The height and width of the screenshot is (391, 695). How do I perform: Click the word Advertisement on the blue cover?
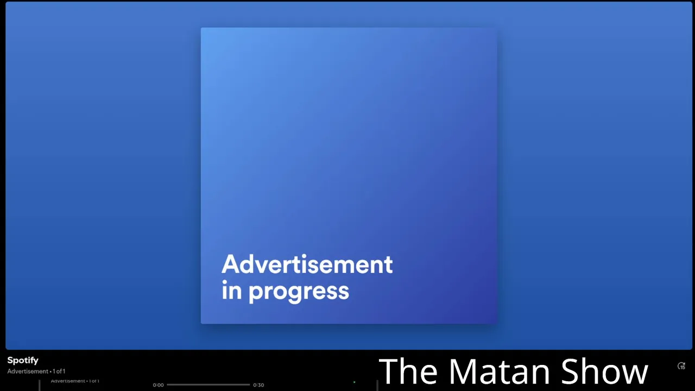click(x=307, y=264)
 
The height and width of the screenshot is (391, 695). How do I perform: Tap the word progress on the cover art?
click(x=299, y=292)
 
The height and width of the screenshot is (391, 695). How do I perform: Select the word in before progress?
click(x=231, y=290)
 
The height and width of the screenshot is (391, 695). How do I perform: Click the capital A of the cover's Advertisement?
click(x=231, y=264)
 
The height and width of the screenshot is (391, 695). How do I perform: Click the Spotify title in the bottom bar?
click(x=23, y=361)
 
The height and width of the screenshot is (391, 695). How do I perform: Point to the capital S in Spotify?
click(x=10, y=360)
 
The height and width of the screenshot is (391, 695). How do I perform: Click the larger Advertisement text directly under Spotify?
click(x=28, y=371)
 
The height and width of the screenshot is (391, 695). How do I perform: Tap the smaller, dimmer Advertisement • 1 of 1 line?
click(x=75, y=381)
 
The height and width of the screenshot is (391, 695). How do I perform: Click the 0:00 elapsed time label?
click(x=158, y=385)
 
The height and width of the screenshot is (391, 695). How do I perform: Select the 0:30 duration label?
click(x=258, y=385)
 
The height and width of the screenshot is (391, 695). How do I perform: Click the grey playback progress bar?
click(x=208, y=385)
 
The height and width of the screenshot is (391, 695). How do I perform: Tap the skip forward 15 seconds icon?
click(x=681, y=366)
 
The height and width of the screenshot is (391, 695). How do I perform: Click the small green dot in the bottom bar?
click(x=355, y=382)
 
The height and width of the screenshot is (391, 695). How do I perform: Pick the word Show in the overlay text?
click(x=605, y=371)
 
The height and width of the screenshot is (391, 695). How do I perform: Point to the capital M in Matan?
click(x=464, y=371)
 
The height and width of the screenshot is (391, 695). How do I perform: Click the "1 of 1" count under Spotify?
click(x=59, y=371)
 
